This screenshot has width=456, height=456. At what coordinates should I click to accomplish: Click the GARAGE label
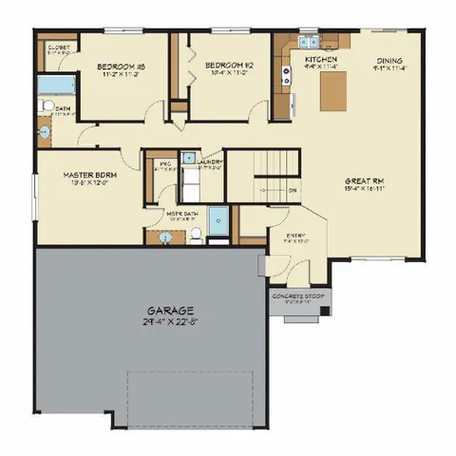[171, 311]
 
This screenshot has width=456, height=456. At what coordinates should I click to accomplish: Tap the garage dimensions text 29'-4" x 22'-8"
[171, 322]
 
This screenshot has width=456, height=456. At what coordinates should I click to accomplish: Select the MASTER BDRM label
[90, 176]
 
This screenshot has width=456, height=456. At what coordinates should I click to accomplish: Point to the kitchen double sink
[310, 42]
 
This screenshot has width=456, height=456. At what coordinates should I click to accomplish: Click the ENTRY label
[294, 235]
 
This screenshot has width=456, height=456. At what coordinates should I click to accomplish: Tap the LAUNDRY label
[210, 162]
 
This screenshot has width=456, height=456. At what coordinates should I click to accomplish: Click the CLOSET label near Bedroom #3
[55, 47]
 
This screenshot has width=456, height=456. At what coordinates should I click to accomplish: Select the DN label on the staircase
[292, 189]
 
